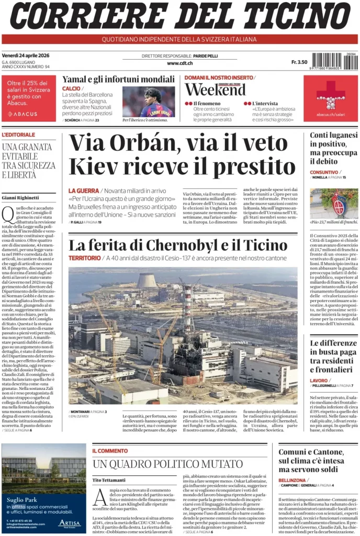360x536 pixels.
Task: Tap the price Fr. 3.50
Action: pos(299,62)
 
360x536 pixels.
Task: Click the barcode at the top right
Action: pos(334,62)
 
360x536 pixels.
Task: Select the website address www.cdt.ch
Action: pos(179,63)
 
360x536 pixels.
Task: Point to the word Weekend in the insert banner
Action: pos(215,90)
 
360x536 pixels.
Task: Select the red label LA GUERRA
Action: pos(83,191)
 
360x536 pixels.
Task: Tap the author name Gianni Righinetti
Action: pos(20,197)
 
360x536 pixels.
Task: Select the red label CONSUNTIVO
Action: pos(324,172)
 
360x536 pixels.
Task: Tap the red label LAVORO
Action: pos(319,381)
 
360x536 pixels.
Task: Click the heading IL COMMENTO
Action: pos(110,451)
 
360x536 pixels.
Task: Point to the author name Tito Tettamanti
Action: pos(109,479)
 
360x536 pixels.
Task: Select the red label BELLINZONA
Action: pos(292,480)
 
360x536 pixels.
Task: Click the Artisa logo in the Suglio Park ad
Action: pos(69,522)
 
